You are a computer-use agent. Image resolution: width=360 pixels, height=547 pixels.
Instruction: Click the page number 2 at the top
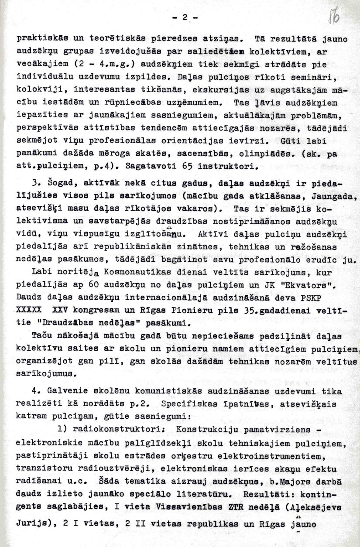point(185,18)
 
